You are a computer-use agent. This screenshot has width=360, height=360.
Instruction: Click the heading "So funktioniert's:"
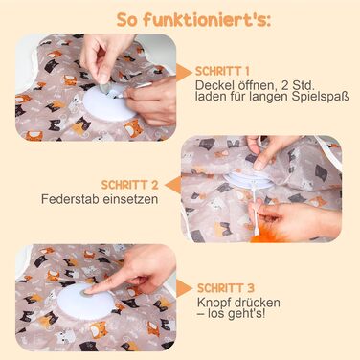pyautogui.click(x=194, y=20)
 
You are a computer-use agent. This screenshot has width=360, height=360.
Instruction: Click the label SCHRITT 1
pyautogui.click(x=222, y=71)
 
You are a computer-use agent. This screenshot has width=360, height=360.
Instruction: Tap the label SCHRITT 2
pyautogui.click(x=130, y=185)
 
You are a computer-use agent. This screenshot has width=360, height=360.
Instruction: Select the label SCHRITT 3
pyautogui.click(x=226, y=288)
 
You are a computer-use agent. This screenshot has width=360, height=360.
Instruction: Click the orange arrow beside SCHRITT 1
pyautogui.click(x=184, y=72)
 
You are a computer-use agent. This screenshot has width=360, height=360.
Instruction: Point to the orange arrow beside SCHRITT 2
pyautogui.click(x=172, y=186)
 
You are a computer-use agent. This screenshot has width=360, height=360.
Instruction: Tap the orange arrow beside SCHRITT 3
pyautogui.click(x=184, y=288)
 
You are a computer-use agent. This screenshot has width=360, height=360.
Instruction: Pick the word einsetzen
pyautogui.click(x=130, y=199)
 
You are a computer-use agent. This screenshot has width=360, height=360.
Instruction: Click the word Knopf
pyautogui.click(x=213, y=303)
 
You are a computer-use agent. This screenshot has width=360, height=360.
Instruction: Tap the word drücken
pyautogui.click(x=256, y=303)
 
